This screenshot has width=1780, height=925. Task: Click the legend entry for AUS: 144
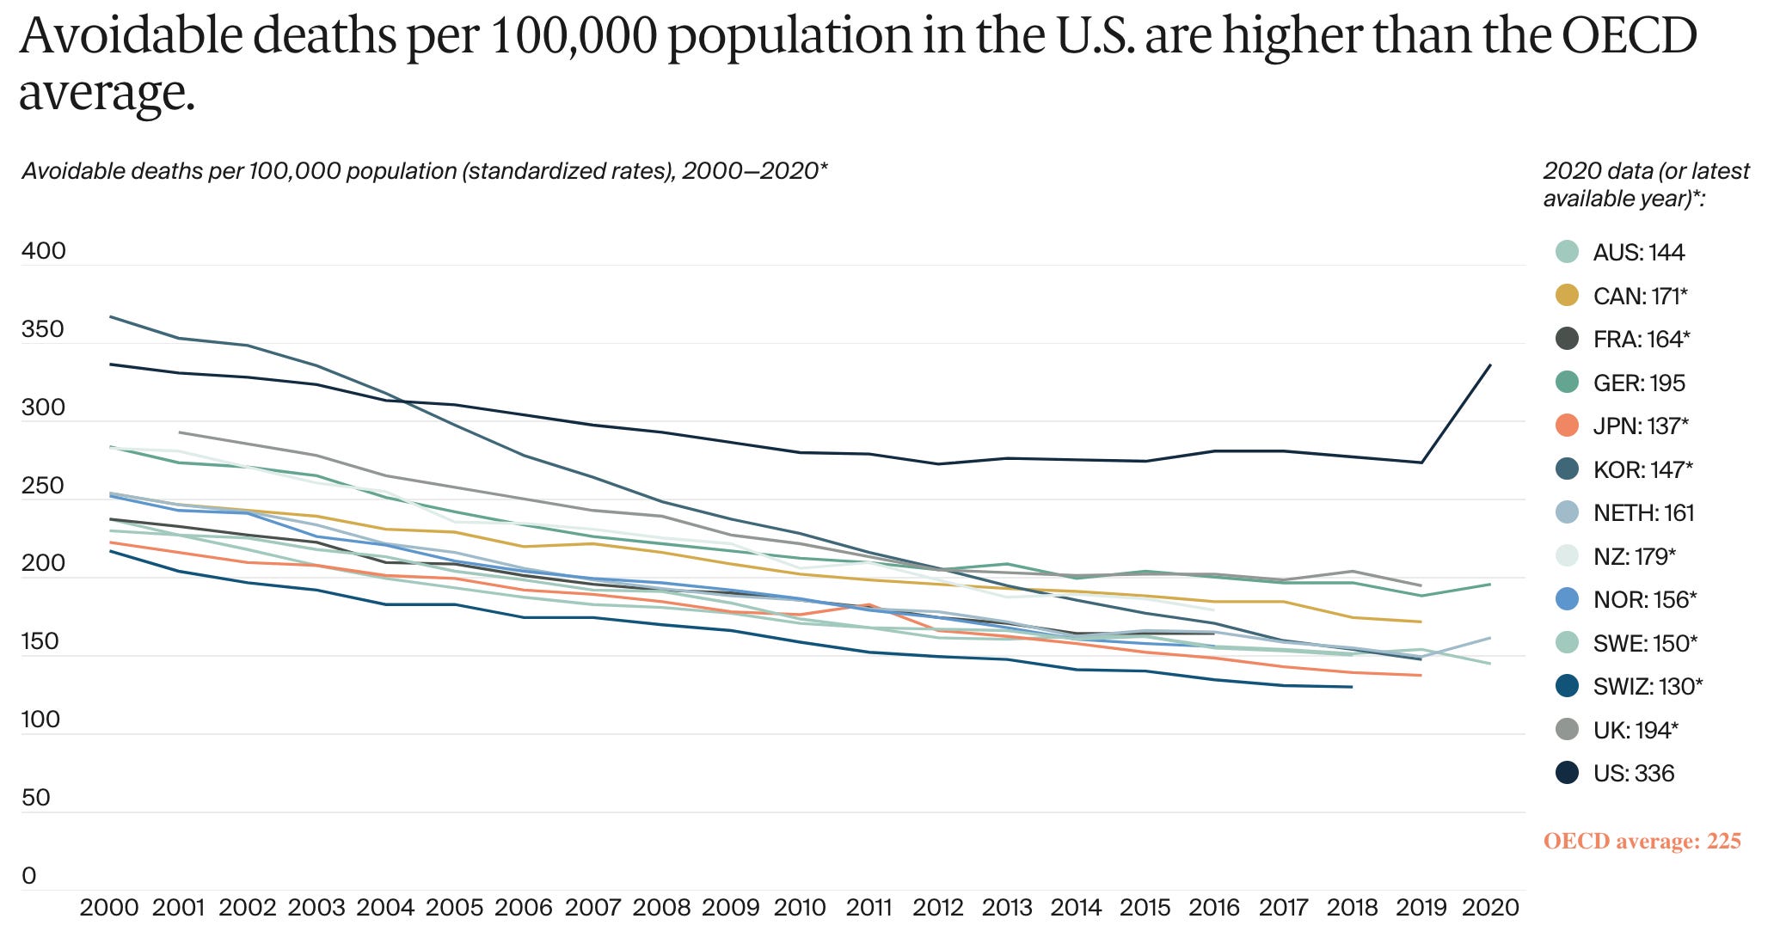pyautogui.click(x=1638, y=253)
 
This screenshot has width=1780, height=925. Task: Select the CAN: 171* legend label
pyautogui.click(x=1640, y=297)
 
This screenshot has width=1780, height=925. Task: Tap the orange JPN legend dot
pyautogui.click(x=1568, y=426)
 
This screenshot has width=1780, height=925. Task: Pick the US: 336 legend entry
pyautogui.click(x=1633, y=774)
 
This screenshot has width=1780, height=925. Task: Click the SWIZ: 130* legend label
pyautogui.click(x=1648, y=687)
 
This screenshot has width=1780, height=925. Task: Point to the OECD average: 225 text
pyautogui.click(x=1642, y=841)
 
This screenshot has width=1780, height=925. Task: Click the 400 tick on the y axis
pyautogui.click(x=43, y=251)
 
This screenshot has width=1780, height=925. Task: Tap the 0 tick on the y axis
pyautogui.click(x=29, y=876)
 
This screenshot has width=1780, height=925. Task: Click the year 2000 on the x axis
pyautogui.click(x=109, y=908)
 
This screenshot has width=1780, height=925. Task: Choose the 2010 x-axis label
pyautogui.click(x=801, y=908)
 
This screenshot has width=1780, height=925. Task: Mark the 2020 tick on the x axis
pyautogui.click(x=1491, y=908)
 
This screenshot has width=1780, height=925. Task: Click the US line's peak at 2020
pyautogui.click(x=1490, y=365)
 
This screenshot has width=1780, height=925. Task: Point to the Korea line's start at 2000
pyautogui.click(x=110, y=317)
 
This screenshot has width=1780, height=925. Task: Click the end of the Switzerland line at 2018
pyautogui.click(x=1352, y=687)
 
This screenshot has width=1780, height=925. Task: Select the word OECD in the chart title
pyautogui.click(x=1629, y=35)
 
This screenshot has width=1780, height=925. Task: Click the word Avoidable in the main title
pyautogui.click(x=116, y=35)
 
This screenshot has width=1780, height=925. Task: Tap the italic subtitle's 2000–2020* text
pyautogui.click(x=754, y=171)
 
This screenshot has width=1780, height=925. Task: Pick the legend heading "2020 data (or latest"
pyautogui.click(x=1646, y=171)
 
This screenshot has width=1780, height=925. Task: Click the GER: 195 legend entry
pyautogui.click(x=1638, y=383)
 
